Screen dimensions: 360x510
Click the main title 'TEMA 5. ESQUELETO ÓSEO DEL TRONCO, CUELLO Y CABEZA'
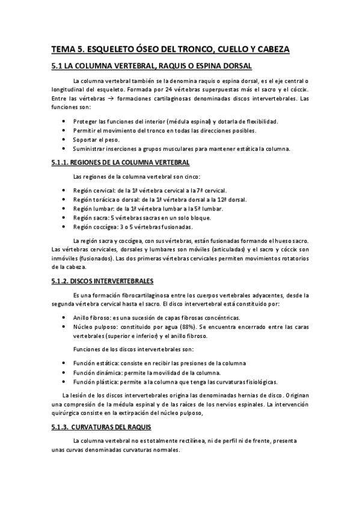(x=170, y=49)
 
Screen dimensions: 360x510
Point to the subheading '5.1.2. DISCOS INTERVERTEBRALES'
(x=103, y=280)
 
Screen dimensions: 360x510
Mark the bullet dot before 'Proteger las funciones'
(x=64, y=121)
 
